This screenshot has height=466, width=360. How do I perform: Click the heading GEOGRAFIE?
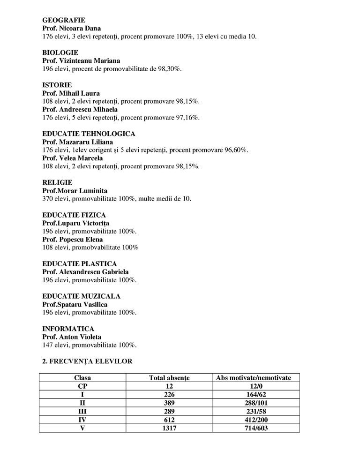(64, 20)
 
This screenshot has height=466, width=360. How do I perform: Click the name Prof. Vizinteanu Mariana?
(81, 60)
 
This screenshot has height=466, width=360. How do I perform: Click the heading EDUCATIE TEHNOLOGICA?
(89, 134)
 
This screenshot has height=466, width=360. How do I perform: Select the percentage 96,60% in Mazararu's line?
(235, 150)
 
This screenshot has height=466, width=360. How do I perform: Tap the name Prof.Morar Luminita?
(75, 191)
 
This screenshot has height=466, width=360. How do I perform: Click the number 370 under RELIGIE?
(48, 199)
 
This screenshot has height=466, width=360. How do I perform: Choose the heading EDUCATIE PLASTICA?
(80, 263)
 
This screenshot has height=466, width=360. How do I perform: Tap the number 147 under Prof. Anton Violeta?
(48, 345)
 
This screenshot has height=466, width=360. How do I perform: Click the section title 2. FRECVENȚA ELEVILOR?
(87, 361)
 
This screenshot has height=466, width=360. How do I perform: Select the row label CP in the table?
(82, 386)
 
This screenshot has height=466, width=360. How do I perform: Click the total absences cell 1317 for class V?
(169, 428)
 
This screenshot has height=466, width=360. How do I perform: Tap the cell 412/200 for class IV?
(253, 420)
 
